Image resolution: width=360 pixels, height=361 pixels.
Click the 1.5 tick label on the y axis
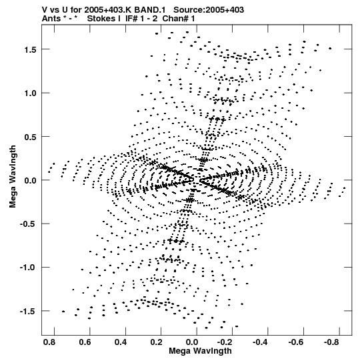tap(31, 50)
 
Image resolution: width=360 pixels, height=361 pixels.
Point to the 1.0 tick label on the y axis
tap(31, 93)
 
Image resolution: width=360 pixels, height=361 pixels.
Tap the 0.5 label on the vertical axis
tap(31, 137)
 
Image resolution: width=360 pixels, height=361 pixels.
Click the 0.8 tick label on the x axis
tap(49, 342)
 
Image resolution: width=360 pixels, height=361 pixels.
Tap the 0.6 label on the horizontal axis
tap(85, 342)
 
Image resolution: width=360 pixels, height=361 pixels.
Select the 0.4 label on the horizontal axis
tap(121, 342)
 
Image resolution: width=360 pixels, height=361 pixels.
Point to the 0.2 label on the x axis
tap(157, 342)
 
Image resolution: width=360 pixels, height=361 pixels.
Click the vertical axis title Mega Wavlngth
tap(13, 177)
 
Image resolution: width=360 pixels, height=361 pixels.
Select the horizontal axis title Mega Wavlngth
tap(200, 351)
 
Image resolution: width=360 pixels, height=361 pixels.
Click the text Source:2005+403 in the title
tap(209, 10)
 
